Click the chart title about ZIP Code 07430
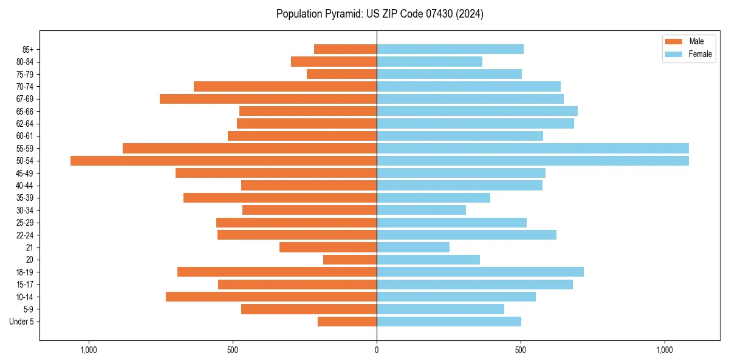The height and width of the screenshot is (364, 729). point(380,14)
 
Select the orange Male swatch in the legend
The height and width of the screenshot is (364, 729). point(674,41)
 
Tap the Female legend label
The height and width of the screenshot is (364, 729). point(700,54)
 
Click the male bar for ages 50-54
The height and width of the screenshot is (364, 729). point(224,161)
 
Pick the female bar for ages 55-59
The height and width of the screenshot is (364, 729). point(533,148)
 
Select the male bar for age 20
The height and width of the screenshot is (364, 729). point(350,260)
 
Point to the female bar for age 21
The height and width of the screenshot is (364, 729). point(413,247)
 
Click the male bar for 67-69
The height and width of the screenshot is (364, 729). point(268,99)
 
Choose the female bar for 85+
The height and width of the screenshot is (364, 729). point(450,49)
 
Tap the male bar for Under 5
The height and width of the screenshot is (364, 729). point(347,322)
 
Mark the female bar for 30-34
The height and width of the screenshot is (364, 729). point(421,210)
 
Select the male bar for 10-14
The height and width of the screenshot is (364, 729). point(271,297)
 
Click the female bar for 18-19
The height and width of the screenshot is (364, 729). point(480,272)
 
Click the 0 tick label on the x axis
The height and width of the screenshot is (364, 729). point(377,350)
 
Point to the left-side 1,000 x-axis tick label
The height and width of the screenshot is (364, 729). point(89,350)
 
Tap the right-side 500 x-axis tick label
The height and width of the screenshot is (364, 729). point(521,350)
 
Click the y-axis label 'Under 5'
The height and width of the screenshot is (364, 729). point(21,322)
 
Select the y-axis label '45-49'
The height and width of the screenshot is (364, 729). point(25,173)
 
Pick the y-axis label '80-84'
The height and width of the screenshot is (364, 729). point(25,62)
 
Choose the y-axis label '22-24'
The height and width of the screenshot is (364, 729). point(25,235)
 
